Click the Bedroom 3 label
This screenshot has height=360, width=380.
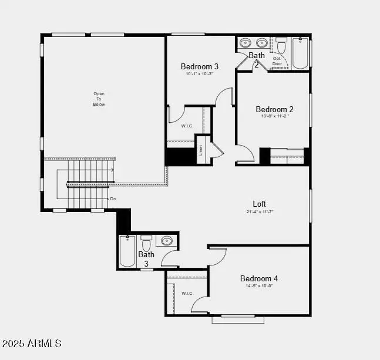(x=200, y=66)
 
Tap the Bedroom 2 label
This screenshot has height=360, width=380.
(x=274, y=109)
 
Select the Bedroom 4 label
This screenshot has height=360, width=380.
(x=259, y=278)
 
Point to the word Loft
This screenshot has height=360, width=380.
(x=260, y=204)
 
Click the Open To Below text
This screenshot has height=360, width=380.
(x=99, y=99)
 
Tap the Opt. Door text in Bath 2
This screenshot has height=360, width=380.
(x=277, y=61)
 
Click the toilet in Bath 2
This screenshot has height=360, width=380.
(x=281, y=45)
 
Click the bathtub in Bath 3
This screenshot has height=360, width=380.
(x=127, y=251)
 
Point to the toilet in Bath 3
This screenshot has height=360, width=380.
(x=146, y=243)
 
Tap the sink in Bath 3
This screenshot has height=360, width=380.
(x=167, y=241)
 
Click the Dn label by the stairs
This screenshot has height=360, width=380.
(x=113, y=198)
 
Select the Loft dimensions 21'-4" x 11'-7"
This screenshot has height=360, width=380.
(x=260, y=211)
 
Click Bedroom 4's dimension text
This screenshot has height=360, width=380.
(x=259, y=286)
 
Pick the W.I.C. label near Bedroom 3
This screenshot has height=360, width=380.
(x=187, y=126)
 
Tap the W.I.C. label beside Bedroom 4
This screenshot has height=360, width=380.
(x=187, y=293)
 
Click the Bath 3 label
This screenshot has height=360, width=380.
(x=146, y=259)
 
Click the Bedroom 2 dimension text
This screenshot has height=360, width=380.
(x=274, y=116)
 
